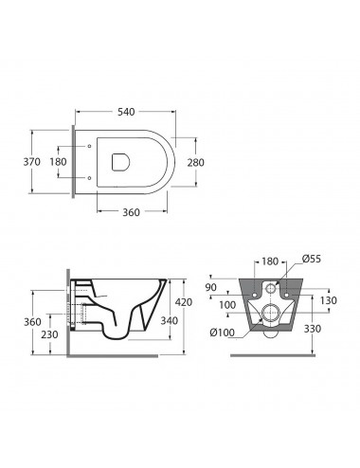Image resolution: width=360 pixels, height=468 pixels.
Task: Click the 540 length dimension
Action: coord(126,112)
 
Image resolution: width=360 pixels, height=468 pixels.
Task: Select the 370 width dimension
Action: coord(32,162)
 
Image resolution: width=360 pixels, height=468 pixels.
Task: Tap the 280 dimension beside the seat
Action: coord(196,163)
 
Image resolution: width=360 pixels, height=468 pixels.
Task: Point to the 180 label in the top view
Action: coord(58,162)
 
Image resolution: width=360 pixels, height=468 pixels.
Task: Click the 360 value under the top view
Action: coord(131,212)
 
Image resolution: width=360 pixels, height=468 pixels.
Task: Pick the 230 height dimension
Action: coord(49,334)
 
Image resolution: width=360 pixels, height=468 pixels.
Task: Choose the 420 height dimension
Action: coord(184,302)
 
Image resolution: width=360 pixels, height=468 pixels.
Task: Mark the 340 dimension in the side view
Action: coord(170,320)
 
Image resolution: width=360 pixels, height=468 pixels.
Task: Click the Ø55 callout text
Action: coord(312,259)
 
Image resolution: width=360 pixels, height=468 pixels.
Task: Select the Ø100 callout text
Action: coord(223,333)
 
